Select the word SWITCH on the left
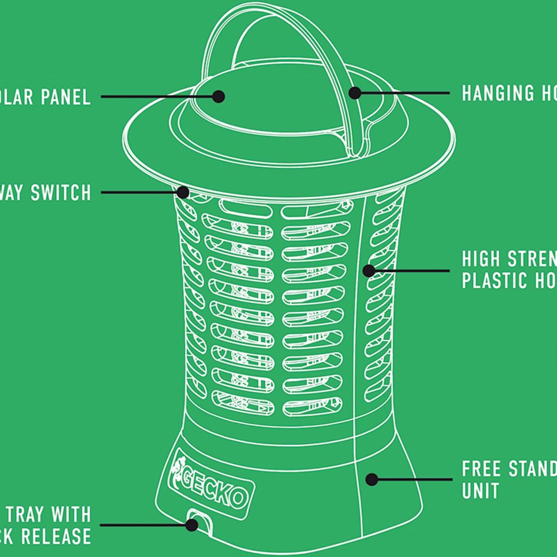60,193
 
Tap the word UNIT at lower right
480,491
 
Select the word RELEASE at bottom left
56,536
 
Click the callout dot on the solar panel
219,97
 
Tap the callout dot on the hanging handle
355,93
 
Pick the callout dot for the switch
183,192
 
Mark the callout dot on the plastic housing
369,271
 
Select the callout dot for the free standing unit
371,479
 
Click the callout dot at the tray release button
191,525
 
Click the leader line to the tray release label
139,525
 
